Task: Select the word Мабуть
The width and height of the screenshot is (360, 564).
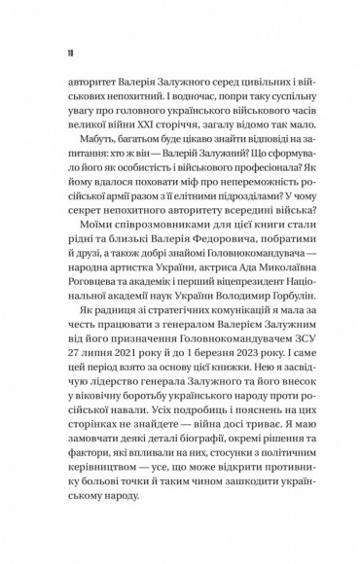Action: point(90,154)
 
